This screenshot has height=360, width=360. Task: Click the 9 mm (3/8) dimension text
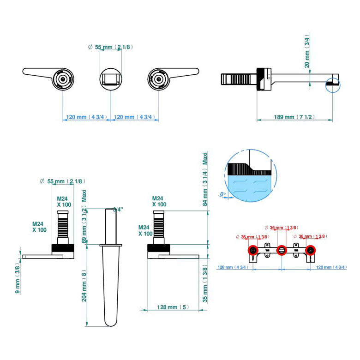(18, 278)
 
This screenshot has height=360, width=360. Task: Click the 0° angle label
(223, 194)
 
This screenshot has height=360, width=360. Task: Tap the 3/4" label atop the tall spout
(119, 210)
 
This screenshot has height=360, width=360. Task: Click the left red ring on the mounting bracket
(253, 251)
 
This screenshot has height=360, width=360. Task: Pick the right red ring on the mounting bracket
(312, 251)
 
